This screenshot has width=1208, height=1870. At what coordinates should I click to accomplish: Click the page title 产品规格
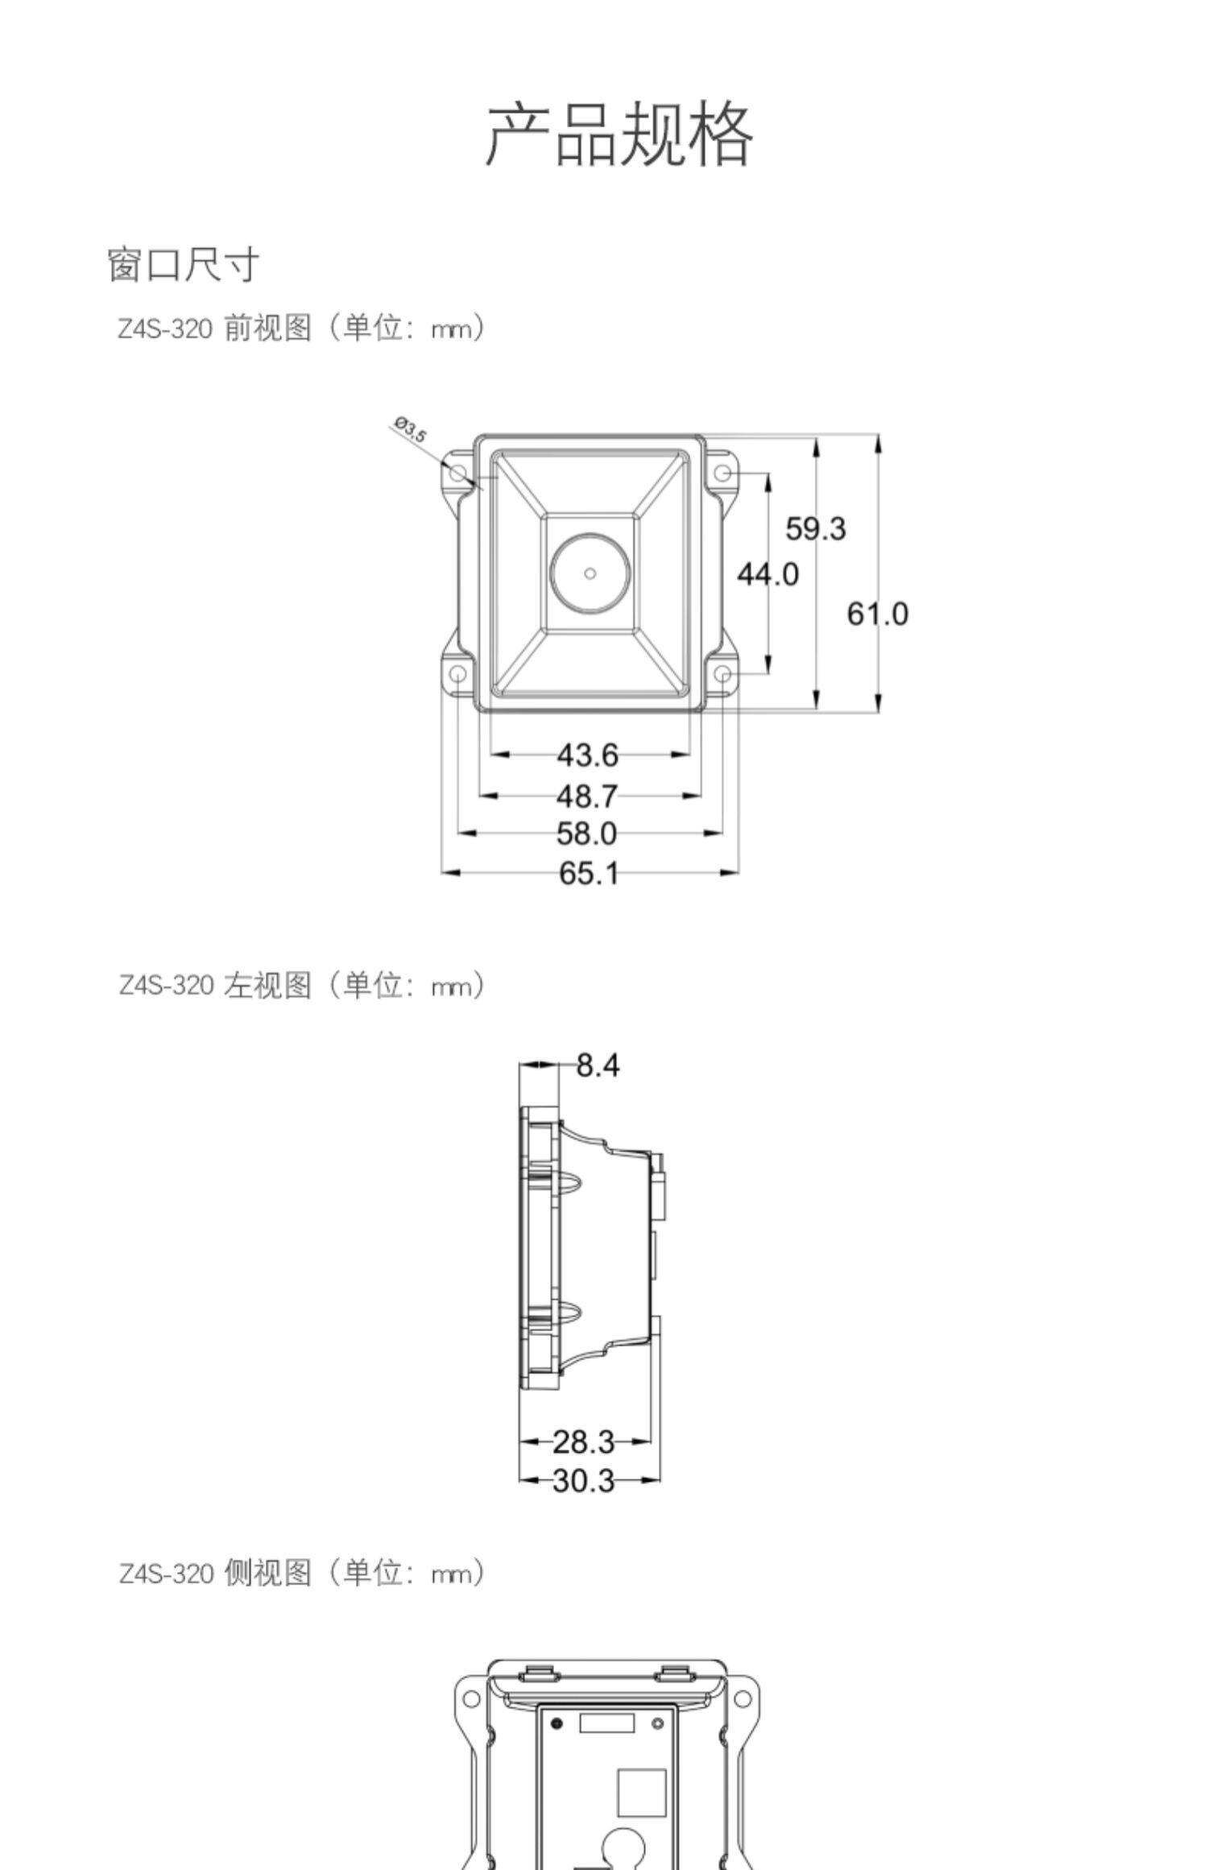(x=618, y=134)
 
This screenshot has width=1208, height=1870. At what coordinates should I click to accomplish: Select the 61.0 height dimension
(x=877, y=614)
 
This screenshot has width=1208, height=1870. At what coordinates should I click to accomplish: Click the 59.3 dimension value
(x=816, y=529)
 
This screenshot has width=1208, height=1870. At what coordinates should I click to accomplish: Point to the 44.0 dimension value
(x=767, y=574)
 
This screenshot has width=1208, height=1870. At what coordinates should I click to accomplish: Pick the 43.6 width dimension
(x=588, y=755)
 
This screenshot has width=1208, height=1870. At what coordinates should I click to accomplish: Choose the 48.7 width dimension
(x=588, y=796)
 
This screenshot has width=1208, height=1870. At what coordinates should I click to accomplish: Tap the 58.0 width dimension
(x=588, y=834)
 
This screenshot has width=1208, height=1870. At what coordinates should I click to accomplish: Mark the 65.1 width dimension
(x=588, y=873)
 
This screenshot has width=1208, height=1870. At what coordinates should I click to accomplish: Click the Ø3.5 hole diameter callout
(x=411, y=430)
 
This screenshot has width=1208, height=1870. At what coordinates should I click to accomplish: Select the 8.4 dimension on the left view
(x=598, y=1065)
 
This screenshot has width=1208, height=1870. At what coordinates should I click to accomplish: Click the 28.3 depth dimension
(x=584, y=1442)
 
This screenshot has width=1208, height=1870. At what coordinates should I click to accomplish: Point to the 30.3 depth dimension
(x=584, y=1480)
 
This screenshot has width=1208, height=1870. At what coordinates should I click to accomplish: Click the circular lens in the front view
(x=590, y=573)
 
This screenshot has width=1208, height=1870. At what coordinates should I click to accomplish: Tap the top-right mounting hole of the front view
(x=723, y=473)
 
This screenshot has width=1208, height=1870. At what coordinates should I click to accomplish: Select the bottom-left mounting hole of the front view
(x=457, y=673)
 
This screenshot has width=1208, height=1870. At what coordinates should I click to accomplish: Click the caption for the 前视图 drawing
(x=302, y=328)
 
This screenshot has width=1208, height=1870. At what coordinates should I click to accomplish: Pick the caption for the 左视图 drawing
(x=302, y=985)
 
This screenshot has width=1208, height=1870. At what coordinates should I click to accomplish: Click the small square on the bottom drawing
(x=641, y=1793)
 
